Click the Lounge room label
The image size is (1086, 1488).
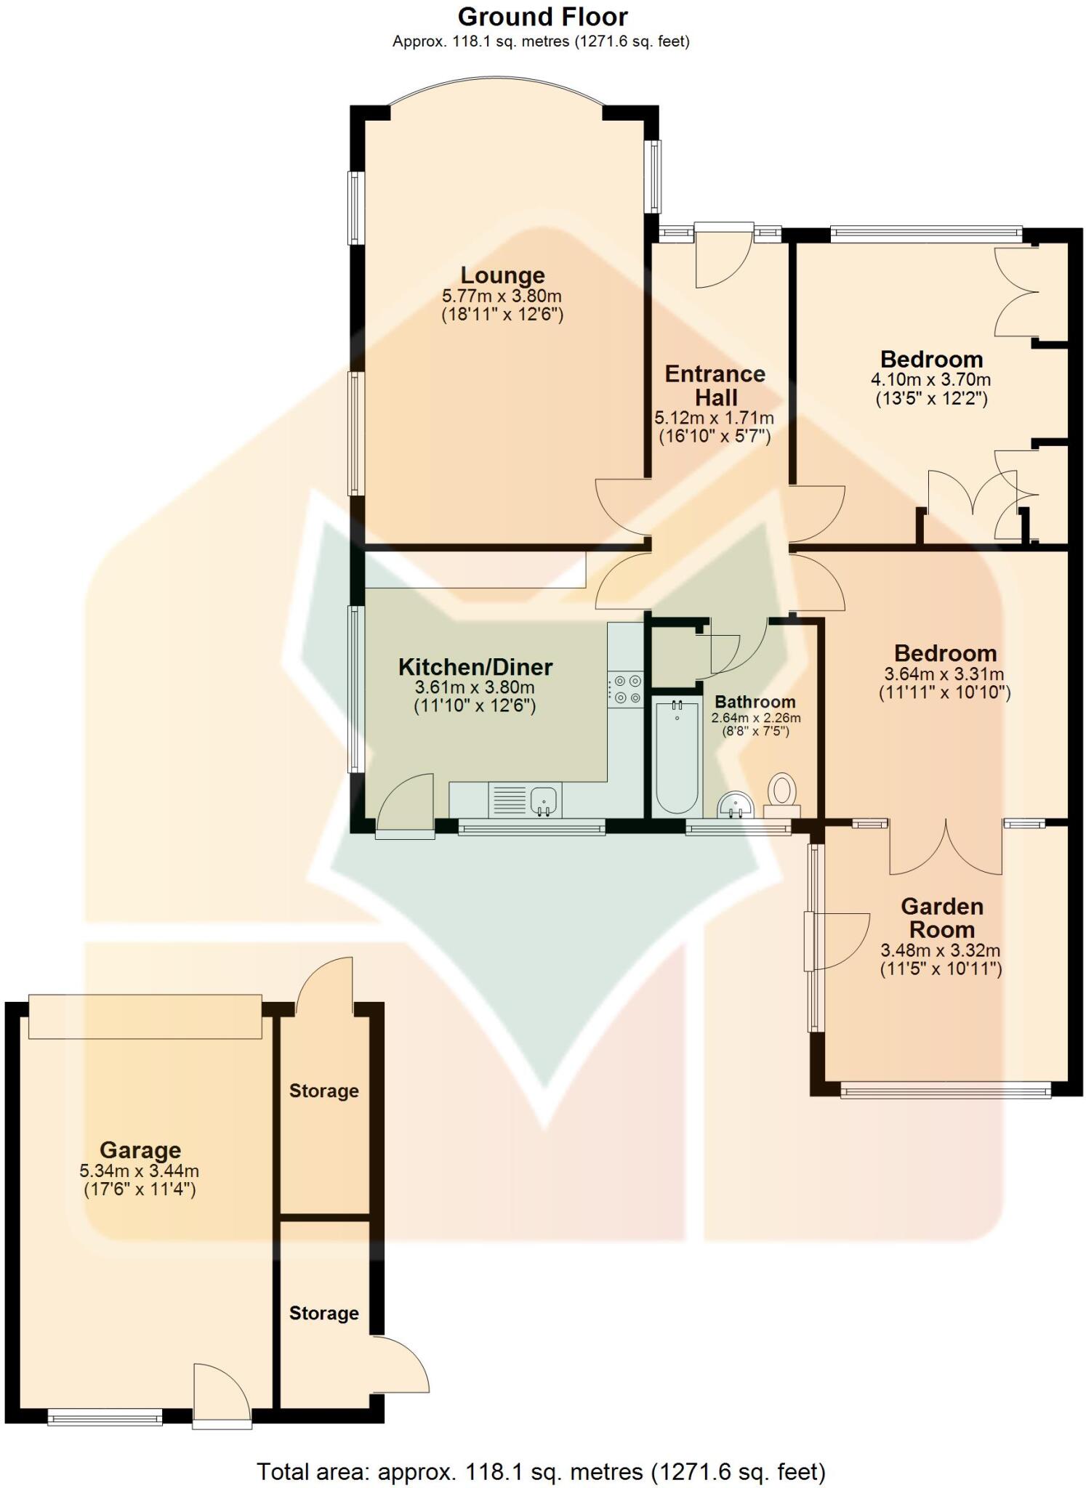tap(502, 275)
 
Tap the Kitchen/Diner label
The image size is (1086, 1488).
tap(475, 666)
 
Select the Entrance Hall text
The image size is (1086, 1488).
tap(715, 386)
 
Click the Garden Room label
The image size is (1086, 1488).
tap(941, 918)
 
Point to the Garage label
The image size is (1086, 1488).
tap(140, 1150)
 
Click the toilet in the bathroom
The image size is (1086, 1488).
tap(782, 793)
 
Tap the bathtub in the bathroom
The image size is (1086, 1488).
tap(676, 756)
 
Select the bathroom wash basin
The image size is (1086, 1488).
tap(736, 805)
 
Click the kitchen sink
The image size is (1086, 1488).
tap(544, 800)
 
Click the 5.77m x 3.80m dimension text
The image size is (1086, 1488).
tap(502, 296)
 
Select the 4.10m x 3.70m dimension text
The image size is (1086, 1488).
tap(930, 380)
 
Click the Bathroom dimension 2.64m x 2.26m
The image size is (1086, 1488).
tap(755, 718)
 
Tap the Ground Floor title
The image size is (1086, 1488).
tap(542, 17)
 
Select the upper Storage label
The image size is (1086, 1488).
tap(323, 1091)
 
